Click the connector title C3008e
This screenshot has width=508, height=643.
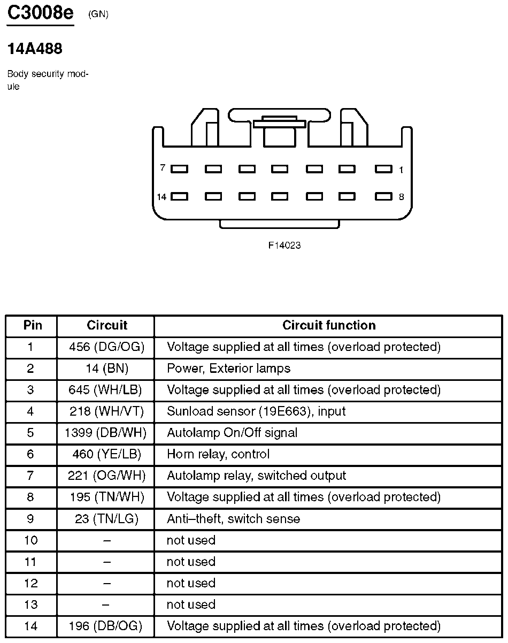pyautogui.click(x=40, y=13)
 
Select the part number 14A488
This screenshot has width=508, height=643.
pyautogui.click(x=35, y=49)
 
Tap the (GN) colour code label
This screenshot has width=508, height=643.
pyautogui.click(x=98, y=14)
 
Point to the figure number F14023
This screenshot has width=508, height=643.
pyautogui.click(x=284, y=246)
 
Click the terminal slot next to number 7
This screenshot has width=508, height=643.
pyautogui.click(x=179, y=169)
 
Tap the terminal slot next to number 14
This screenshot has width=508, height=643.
pyautogui.click(x=179, y=196)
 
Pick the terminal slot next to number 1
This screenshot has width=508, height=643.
pyautogui.click(x=383, y=169)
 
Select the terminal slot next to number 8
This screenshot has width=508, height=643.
pyautogui.click(x=383, y=196)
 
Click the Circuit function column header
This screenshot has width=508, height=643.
pyautogui.click(x=329, y=325)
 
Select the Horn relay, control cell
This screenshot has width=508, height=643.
pyautogui.click(x=218, y=454)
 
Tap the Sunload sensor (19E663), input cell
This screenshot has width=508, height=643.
pyautogui.click(x=256, y=411)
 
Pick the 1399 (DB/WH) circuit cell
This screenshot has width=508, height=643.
pyautogui.click(x=105, y=433)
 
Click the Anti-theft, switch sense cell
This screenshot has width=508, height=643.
pyautogui.click(x=233, y=519)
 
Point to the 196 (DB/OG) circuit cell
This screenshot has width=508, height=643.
pyautogui.click(x=106, y=626)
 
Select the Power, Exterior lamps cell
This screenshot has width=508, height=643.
pyautogui.click(x=228, y=369)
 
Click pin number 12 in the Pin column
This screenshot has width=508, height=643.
pyautogui.click(x=31, y=583)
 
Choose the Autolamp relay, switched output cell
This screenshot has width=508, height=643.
pyautogui.click(x=256, y=476)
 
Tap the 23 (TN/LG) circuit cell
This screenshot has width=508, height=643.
pyautogui.click(x=106, y=519)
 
